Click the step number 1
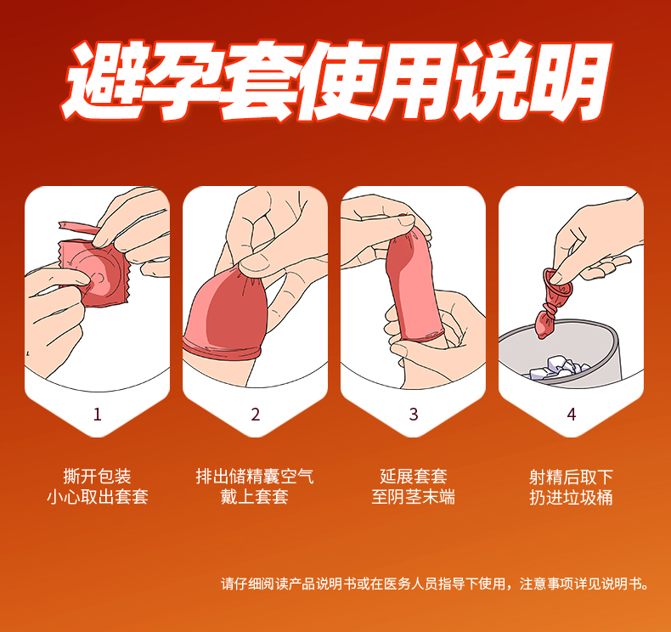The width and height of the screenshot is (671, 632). click(97, 415)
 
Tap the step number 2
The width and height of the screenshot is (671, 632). click(256, 415)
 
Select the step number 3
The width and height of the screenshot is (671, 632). click(414, 415)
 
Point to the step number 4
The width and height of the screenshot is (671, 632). click(572, 415)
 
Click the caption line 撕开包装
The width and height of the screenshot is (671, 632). click(97, 477)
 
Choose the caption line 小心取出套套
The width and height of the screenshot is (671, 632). click(97, 497)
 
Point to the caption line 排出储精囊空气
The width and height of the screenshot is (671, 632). click(255, 477)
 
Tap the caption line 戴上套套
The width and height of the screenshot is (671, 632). click(255, 497)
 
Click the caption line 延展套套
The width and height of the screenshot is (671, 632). click(414, 477)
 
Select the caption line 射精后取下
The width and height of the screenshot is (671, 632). click(572, 477)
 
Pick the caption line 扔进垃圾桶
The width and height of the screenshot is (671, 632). click(572, 497)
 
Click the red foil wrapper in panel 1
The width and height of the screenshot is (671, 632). click(94, 273)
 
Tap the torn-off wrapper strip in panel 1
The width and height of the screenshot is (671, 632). click(79, 227)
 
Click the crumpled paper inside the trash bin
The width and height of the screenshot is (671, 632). click(558, 368)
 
